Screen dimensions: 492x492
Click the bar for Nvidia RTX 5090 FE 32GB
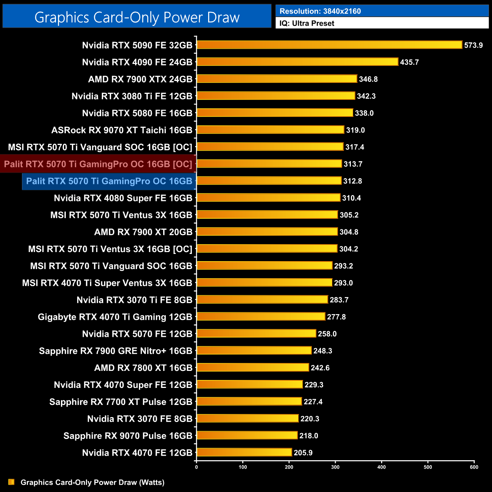coord(329,45)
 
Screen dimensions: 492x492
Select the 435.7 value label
coord(409,62)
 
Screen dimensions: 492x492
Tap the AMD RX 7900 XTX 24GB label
coord(140,79)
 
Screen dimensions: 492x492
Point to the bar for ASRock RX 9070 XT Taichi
coord(270,130)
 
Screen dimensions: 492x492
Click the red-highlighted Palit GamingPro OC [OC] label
coord(98,164)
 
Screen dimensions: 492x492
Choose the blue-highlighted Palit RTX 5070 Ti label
coord(109,181)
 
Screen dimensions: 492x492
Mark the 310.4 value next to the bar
coord(351,198)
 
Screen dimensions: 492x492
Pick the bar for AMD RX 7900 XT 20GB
coord(267,232)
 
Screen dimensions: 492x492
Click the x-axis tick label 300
coord(335,467)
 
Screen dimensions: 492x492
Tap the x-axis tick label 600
coord(474,467)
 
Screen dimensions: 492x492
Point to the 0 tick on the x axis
coord(196,467)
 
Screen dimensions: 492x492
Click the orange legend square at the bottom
coord(11,482)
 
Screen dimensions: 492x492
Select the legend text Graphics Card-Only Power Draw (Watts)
coord(92,482)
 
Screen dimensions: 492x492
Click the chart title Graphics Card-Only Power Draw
coord(137,17)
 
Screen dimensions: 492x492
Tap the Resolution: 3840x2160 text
coord(320,11)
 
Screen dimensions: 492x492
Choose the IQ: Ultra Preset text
coord(307,23)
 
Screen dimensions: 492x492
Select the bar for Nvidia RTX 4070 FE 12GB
coord(244,452)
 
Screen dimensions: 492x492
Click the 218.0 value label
coord(308,436)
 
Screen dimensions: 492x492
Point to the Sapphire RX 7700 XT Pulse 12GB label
coord(121,402)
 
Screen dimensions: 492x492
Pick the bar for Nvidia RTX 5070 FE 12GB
coord(256,333)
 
